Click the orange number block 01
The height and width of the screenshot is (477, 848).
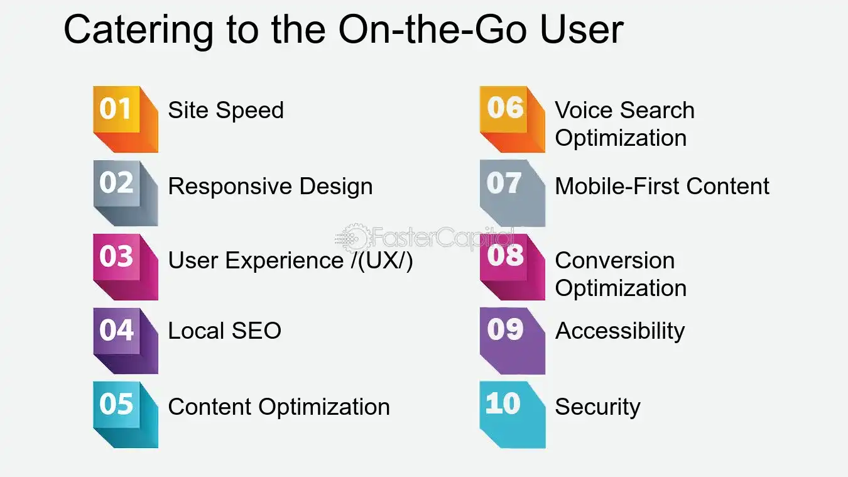coord(124,118)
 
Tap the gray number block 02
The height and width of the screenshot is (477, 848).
coord(124,192)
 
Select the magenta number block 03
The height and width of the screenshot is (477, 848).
coord(124,266)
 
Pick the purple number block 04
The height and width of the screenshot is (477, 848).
coord(124,339)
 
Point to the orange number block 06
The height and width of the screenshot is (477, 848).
coord(511,118)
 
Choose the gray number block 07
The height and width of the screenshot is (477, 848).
coord(511,192)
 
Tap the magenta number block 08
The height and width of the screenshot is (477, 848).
coord(511,266)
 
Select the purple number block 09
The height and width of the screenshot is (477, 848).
coord(511,339)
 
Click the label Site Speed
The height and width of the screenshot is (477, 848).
coord(226,111)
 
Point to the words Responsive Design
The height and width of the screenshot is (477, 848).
coord(270,187)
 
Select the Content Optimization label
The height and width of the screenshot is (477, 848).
coord(278,407)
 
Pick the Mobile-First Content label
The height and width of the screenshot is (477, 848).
coord(662,187)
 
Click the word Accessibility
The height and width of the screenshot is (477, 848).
coord(619,331)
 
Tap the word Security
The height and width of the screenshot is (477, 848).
coord(597,407)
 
